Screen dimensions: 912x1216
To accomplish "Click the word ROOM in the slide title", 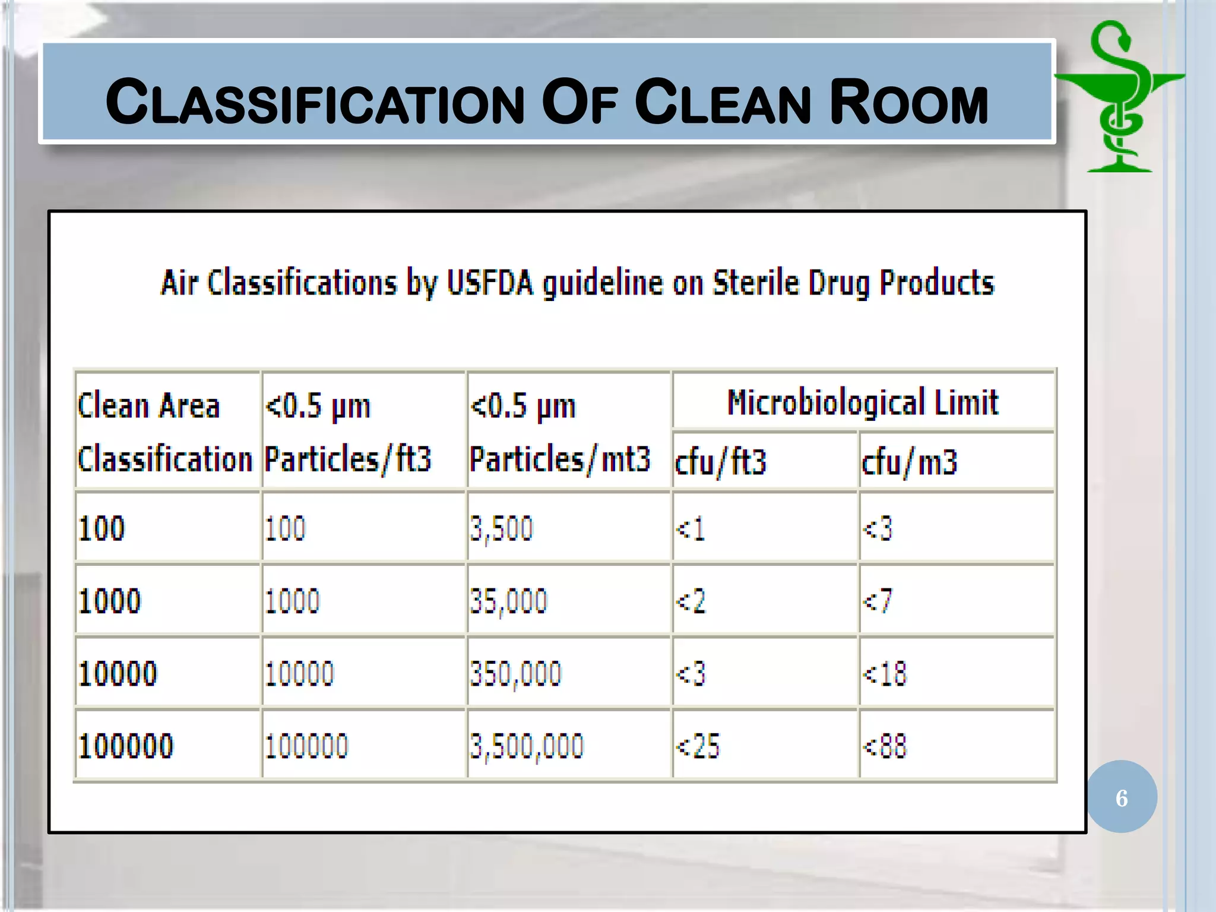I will point(908,102).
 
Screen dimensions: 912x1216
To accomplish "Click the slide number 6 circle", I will point(1122,797).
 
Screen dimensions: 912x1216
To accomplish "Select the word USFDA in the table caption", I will point(490,283).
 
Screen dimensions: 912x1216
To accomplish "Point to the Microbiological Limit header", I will point(863,403).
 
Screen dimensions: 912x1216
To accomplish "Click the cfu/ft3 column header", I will point(721,462).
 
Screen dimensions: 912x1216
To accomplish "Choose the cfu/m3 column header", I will point(909,462).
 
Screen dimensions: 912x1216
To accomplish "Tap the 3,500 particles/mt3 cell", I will point(502,528).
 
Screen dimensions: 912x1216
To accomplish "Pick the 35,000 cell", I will point(508,601).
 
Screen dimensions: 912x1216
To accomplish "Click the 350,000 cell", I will point(515,674).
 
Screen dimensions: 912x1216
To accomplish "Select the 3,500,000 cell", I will point(527,746).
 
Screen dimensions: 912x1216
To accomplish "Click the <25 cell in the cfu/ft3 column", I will point(698,746).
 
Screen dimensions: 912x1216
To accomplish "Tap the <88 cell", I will point(885,746).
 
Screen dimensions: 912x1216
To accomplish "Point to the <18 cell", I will point(885,674).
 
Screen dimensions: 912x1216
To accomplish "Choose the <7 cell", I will point(878,601).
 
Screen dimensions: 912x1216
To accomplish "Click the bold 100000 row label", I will point(125,746).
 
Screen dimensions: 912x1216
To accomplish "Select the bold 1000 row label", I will point(110,601).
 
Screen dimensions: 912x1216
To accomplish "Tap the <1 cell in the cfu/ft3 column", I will point(691,528).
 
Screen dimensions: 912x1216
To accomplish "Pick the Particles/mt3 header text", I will point(560,459).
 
